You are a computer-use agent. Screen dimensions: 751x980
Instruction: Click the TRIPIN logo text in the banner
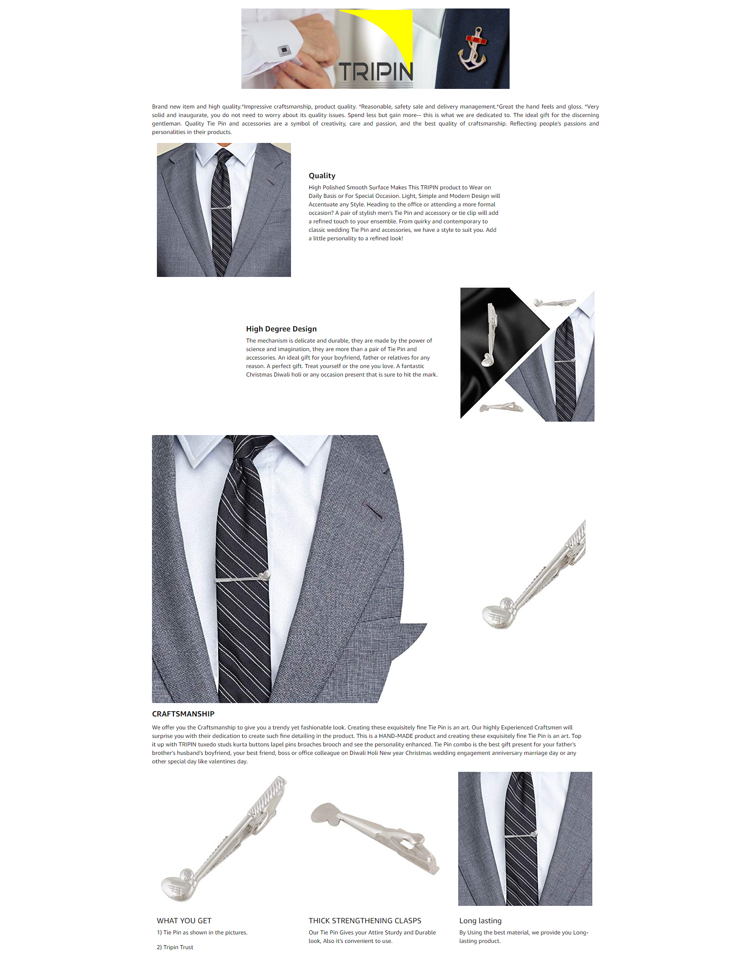point(375,72)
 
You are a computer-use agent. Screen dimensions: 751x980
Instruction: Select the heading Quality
point(322,176)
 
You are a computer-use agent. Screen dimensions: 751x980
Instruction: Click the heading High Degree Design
point(281,329)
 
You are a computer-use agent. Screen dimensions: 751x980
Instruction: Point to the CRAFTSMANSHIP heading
point(183,714)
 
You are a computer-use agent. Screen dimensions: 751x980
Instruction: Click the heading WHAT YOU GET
point(184,921)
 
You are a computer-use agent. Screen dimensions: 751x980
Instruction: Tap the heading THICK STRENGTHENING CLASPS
point(365,921)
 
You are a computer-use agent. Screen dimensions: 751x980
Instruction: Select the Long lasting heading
point(481,921)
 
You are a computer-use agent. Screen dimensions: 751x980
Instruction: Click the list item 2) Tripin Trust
point(175,947)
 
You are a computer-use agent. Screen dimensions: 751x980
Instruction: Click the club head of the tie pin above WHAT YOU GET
point(178,888)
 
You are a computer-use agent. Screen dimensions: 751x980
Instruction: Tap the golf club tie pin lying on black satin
point(490,335)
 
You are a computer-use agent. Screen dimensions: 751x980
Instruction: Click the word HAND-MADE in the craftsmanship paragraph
point(396,736)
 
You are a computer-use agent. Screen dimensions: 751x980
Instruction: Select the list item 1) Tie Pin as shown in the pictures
point(202,932)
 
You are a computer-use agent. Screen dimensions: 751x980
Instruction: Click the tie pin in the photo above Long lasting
point(521,835)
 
